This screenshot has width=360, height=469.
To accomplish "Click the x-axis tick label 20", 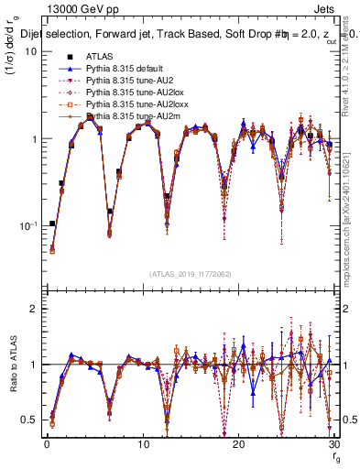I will pyautogui.click(x=238, y=444).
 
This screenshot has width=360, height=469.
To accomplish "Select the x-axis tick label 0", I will pyautogui.click(x=47, y=444).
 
